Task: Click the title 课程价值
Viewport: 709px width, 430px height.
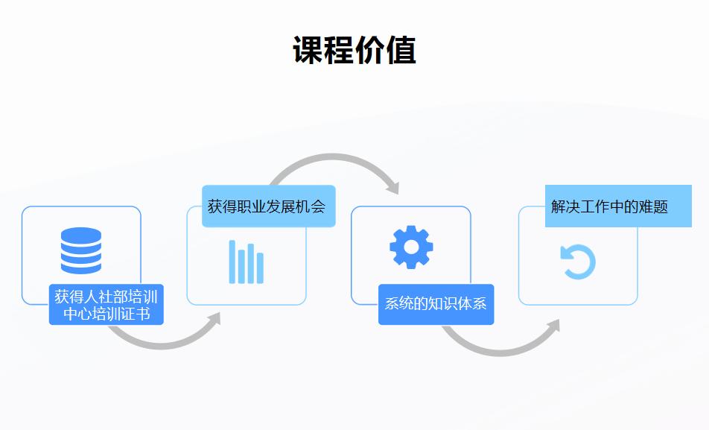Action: click(354, 50)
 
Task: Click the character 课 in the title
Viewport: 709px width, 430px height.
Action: click(308, 50)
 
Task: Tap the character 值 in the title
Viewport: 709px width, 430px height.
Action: click(401, 50)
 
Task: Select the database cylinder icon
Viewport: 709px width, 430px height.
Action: click(81, 250)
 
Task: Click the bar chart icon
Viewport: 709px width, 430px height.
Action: click(246, 262)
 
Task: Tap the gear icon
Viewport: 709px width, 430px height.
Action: click(411, 247)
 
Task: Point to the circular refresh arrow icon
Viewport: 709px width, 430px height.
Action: click(578, 262)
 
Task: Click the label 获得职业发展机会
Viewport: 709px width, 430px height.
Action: click(267, 206)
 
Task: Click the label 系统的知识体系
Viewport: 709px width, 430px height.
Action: click(436, 303)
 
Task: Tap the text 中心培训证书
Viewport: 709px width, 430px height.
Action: click(106, 313)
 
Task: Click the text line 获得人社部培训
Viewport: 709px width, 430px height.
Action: click(106, 297)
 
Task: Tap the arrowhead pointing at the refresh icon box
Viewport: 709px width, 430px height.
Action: click(553, 326)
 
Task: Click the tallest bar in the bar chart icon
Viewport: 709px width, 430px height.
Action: click(232, 262)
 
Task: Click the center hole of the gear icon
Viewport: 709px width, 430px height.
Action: click(411, 247)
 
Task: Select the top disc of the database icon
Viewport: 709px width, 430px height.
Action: click(81, 235)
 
